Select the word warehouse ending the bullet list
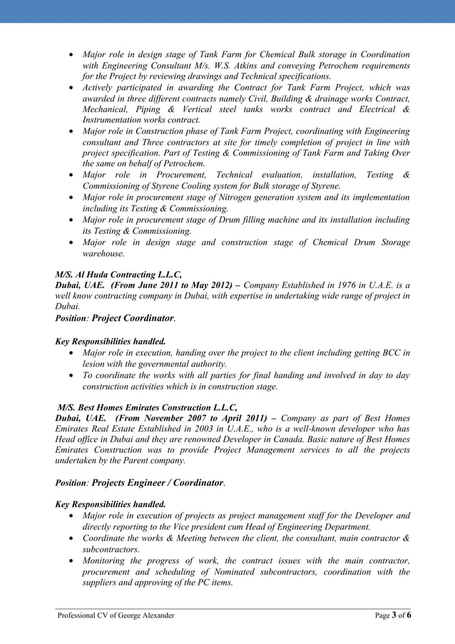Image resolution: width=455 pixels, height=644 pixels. coord(104,253)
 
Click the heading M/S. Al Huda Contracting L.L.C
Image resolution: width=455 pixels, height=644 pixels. coord(118,274)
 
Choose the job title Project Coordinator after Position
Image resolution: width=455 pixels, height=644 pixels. coord(133,318)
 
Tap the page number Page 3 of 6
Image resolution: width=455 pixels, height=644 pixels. coord(393,615)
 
